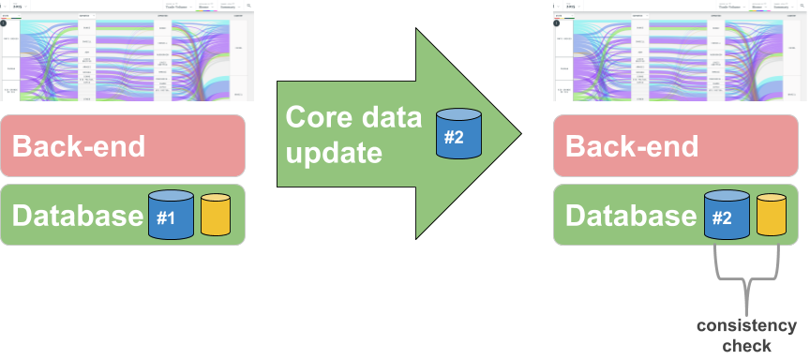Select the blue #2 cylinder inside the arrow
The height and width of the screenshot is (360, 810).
click(x=458, y=133)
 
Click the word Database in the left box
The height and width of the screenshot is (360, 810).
click(x=77, y=216)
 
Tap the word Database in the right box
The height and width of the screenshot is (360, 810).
click(x=630, y=216)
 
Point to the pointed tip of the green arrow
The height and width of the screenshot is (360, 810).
click(x=517, y=134)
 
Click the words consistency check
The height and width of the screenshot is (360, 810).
click(x=746, y=336)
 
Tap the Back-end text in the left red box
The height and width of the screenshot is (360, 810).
click(x=79, y=146)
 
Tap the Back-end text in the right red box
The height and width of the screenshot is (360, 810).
click(x=632, y=146)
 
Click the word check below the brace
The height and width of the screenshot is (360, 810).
click(x=747, y=346)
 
